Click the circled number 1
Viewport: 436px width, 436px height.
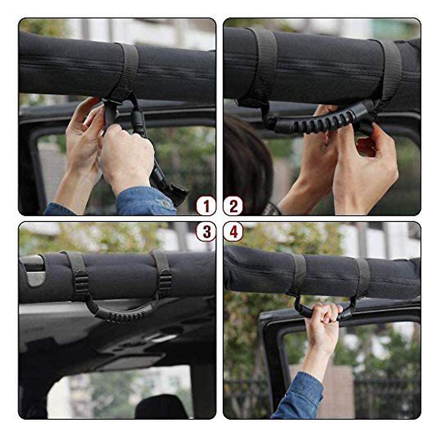(x=206, y=207)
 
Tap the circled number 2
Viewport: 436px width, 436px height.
(x=233, y=207)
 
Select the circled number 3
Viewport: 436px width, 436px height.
(x=206, y=232)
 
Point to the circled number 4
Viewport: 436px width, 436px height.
(x=233, y=232)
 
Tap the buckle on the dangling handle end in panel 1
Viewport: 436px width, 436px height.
(x=177, y=194)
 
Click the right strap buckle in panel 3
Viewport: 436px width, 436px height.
(x=164, y=283)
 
